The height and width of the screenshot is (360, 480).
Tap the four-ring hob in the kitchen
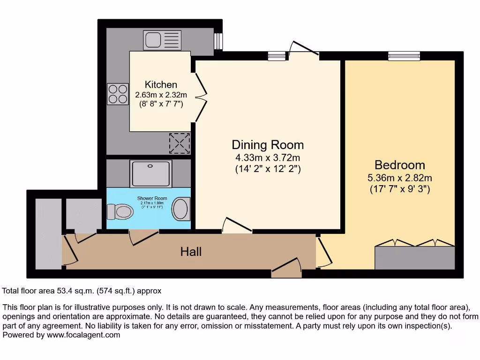pos(118,93)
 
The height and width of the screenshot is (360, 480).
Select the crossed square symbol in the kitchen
pos(180,142)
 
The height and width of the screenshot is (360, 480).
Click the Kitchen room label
pos(161,85)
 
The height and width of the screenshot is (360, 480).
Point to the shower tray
pos(151,173)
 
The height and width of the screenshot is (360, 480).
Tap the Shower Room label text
pos(152,198)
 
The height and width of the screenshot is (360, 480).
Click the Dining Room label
pos(268,145)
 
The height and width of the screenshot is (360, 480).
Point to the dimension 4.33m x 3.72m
pos(268,157)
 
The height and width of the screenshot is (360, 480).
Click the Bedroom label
pos(400,165)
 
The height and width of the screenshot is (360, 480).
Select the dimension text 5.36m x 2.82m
pos(400,178)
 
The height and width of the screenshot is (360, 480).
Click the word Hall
pos(191,252)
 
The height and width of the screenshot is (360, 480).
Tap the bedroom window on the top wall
pos(404,56)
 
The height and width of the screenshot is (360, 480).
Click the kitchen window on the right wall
pos(218,41)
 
